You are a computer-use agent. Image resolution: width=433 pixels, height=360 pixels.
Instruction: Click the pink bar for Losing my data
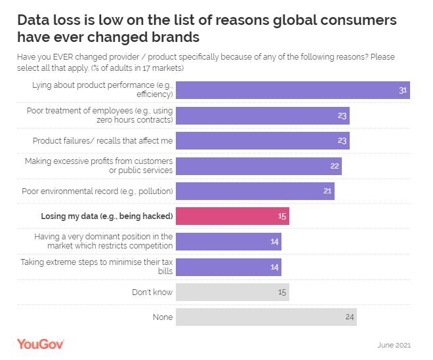click(x=232, y=216)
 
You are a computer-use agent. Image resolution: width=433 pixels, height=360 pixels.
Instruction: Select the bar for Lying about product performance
click(x=293, y=90)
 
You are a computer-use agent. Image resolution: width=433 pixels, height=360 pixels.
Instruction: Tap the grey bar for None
click(x=266, y=317)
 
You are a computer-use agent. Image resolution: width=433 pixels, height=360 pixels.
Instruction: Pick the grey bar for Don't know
click(x=232, y=292)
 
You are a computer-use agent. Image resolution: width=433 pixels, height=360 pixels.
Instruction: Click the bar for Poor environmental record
click(x=255, y=191)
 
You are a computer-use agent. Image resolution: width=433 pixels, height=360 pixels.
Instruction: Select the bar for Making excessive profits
click(x=258, y=166)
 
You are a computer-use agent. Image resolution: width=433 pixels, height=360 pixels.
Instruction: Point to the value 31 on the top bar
click(x=403, y=90)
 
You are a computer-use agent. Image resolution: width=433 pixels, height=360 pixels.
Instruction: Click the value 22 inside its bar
click(x=335, y=166)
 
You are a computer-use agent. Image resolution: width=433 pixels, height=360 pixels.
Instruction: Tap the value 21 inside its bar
click(x=327, y=191)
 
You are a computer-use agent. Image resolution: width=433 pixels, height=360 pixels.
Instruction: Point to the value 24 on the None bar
click(x=350, y=317)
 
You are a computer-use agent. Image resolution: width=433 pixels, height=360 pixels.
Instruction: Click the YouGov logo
click(x=40, y=344)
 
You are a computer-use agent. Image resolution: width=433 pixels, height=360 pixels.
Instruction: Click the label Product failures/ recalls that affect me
click(x=103, y=140)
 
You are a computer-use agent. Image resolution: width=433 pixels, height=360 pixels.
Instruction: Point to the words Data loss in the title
click(x=51, y=20)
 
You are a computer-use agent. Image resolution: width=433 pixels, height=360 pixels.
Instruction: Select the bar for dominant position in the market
click(x=228, y=241)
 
